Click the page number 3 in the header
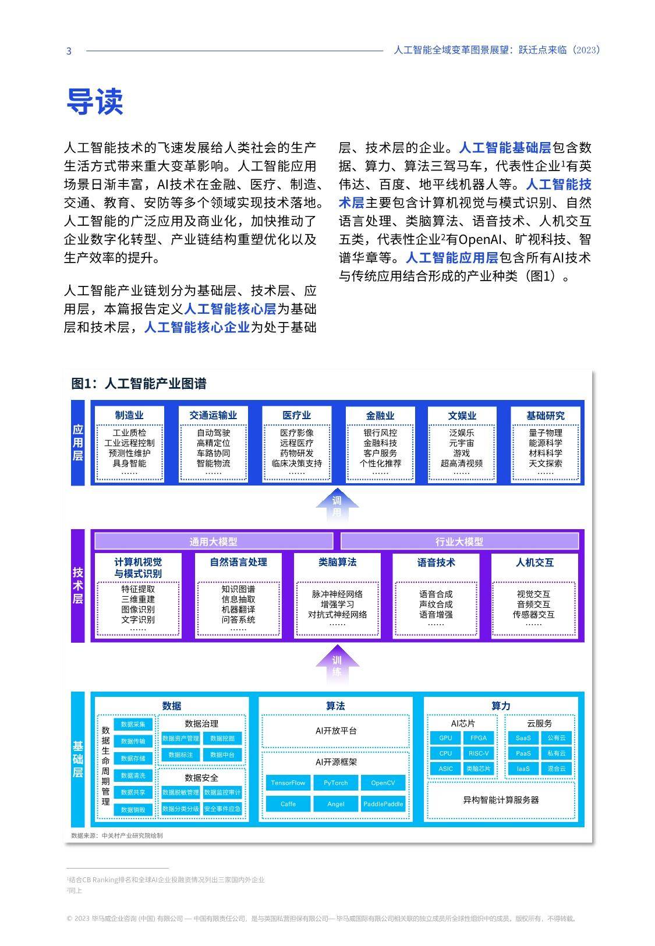click(69, 51)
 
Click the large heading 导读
click(95, 101)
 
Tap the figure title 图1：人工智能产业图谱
click(139, 384)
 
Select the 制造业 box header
click(129, 415)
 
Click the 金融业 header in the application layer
click(380, 416)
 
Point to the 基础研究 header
click(545, 416)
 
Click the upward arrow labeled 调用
click(337, 505)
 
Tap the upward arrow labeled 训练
click(337, 664)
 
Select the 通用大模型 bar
click(214, 541)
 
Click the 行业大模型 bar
click(459, 541)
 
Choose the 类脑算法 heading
click(337, 562)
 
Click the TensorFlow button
click(288, 782)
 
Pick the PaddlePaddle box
click(383, 804)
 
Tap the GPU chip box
click(445, 738)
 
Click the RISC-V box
click(479, 753)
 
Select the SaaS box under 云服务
click(523, 738)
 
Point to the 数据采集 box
click(133, 724)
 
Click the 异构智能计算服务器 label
click(501, 800)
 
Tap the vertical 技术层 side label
click(77, 585)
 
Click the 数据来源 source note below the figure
click(117, 835)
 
